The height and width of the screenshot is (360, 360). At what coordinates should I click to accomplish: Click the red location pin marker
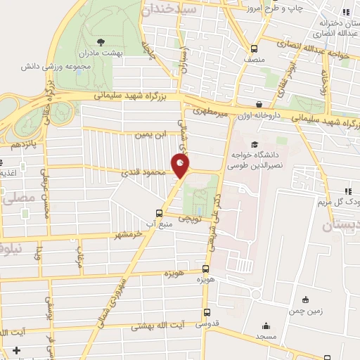[181, 166]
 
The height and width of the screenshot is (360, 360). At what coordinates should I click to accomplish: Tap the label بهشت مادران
[98, 53]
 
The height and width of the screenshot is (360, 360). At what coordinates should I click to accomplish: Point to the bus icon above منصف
[255, 49]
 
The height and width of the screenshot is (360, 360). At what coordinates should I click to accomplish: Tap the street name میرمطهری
[208, 110]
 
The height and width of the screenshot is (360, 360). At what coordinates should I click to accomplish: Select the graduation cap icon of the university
[255, 143]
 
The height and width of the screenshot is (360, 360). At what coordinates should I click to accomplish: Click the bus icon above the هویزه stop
[205, 269]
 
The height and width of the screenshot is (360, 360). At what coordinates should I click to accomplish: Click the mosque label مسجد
[266, 338]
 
